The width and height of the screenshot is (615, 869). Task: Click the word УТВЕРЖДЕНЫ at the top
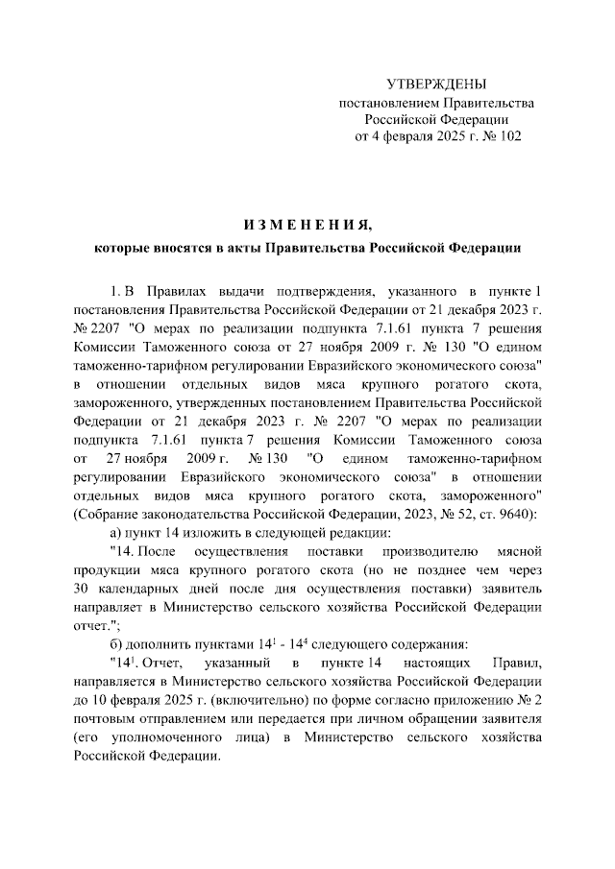(435, 85)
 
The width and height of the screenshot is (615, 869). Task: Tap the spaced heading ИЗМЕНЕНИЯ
(307, 226)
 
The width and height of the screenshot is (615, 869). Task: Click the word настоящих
(444, 662)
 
